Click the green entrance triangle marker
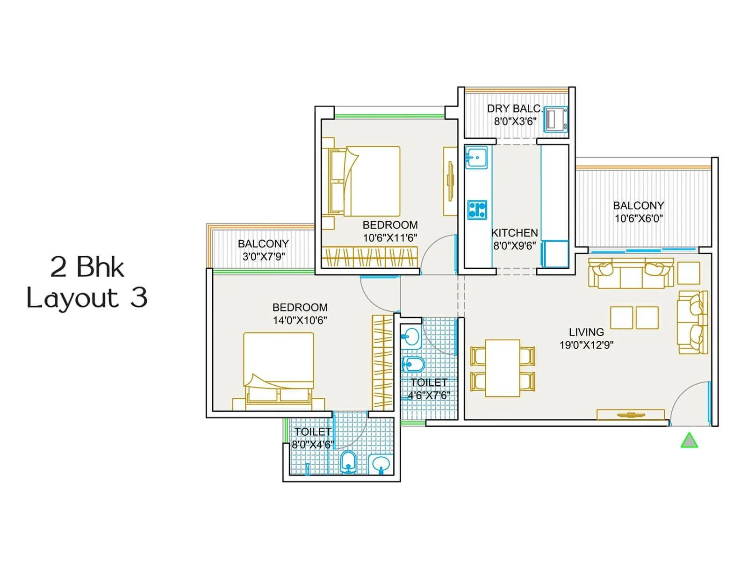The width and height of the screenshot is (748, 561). point(689,441)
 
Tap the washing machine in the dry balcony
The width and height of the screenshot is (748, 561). point(556,119)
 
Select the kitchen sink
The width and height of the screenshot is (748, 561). point(476,157)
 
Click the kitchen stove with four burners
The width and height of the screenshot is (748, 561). point(477,209)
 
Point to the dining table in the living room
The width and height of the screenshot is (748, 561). point(503,368)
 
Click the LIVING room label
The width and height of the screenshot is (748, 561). point(586,332)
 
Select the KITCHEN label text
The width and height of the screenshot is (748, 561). point(514,233)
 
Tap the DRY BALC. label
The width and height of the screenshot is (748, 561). point(514,109)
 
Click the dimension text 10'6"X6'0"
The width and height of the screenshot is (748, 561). point(639,218)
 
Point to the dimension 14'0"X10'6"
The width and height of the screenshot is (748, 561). point(300,321)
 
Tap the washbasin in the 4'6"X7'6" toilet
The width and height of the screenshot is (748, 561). point(411,338)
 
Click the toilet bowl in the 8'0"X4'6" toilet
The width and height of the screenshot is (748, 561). point(348,462)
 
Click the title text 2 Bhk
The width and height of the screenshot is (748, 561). point(87,267)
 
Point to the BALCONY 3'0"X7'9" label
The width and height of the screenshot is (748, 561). point(263,250)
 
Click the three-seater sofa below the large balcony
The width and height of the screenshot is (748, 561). point(631,274)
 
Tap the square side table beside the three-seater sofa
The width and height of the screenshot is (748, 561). point(689,273)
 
